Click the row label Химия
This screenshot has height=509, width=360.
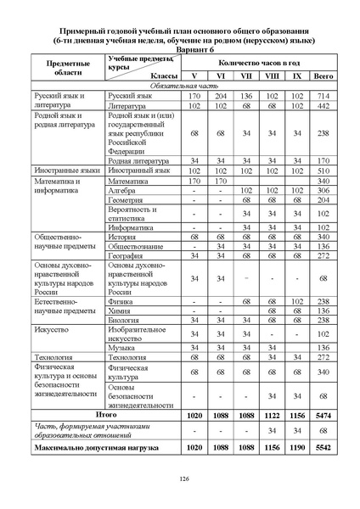(121, 310)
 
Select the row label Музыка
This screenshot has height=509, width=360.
(124, 347)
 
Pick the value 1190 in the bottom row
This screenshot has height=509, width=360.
(296, 445)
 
